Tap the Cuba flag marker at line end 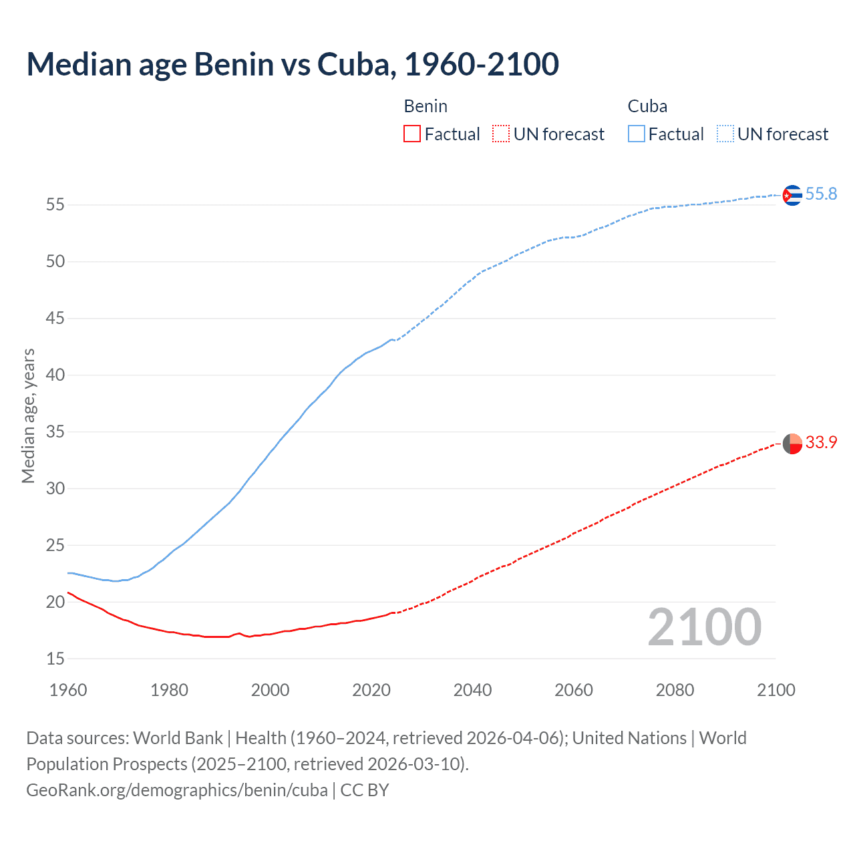click(x=792, y=195)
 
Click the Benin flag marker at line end click(x=792, y=444)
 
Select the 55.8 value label click(x=821, y=194)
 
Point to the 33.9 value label click(x=821, y=443)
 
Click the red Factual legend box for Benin click(x=412, y=134)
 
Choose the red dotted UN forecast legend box click(x=501, y=134)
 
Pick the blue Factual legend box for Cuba click(x=636, y=134)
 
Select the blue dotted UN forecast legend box click(x=725, y=134)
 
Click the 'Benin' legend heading click(x=425, y=106)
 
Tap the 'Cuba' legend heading click(x=647, y=106)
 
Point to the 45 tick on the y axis click(x=55, y=319)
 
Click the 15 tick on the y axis click(x=55, y=659)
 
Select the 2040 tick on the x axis click(x=472, y=690)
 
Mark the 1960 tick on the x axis click(x=68, y=690)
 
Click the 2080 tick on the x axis click(x=675, y=690)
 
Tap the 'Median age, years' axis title click(x=28, y=415)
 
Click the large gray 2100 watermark click(x=704, y=627)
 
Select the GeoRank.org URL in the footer click(x=177, y=790)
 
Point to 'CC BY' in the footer click(x=365, y=790)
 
